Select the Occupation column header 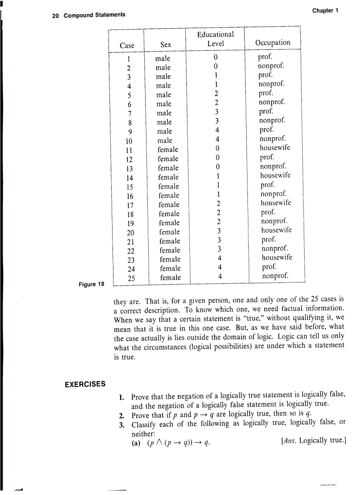(x=273, y=43)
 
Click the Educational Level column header (x=215, y=39)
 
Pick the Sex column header (x=166, y=45)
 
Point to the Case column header (x=127, y=45)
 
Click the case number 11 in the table (x=128, y=150)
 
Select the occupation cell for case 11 (x=275, y=148)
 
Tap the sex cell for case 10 (x=165, y=141)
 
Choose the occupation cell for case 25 (x=275, y=276)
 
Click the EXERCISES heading (x=85, y=383)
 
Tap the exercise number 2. (x=122, y=415)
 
